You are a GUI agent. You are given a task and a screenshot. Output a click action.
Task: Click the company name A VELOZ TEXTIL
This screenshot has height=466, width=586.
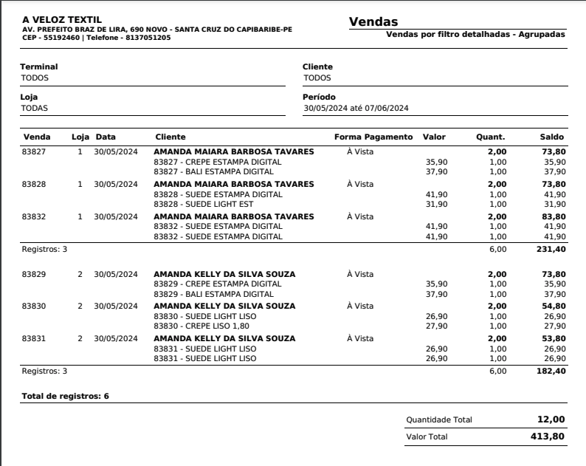62,19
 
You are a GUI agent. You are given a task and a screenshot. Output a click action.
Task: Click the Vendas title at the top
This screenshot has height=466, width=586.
373,22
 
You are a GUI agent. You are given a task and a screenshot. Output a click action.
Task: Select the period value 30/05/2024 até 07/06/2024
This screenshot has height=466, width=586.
356,108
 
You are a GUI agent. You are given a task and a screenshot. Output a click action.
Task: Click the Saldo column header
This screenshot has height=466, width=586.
552,137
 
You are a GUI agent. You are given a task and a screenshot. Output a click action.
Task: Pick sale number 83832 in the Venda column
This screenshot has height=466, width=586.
34,216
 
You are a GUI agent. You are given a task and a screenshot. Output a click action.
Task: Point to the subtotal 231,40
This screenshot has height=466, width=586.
551,250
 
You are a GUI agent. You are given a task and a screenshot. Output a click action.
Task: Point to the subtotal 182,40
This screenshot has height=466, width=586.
551,371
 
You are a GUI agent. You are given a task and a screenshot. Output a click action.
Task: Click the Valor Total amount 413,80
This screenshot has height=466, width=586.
548,436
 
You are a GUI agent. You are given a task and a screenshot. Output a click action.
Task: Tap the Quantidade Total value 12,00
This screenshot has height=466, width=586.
551,419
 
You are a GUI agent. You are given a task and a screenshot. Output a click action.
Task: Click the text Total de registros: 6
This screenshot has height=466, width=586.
66,397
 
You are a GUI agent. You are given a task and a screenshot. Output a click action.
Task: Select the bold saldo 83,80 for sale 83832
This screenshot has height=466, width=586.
554,216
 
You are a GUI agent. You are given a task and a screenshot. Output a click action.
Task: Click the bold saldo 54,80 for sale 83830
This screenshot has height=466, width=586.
554,306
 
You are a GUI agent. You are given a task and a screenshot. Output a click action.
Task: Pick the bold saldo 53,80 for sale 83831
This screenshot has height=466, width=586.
554,338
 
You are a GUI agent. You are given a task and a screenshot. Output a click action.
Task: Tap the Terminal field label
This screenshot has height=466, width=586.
38,66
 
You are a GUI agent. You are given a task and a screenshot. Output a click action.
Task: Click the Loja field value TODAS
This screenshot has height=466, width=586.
34,108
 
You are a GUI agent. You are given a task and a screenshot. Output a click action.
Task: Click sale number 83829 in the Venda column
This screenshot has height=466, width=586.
34,274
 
